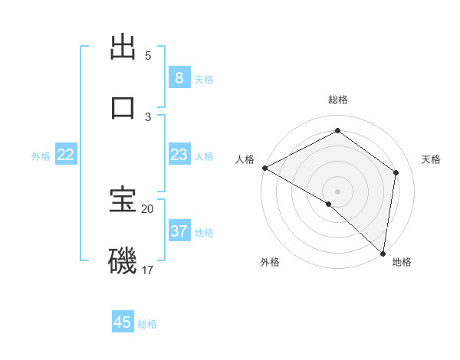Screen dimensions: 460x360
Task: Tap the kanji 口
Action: coord(123,107)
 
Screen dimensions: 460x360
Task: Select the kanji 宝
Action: coord(123,201)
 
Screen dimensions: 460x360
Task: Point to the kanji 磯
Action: coord(123,261)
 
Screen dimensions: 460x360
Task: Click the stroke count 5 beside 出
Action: coord(148,56)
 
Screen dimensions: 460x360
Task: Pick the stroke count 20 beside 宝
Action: coord(148,208)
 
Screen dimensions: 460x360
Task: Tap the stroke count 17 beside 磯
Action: coord(148,270)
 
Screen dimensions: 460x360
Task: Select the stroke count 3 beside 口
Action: coord(148,116)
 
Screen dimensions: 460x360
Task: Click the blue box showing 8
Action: coord(179,77)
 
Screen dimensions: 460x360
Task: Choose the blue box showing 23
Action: coord(179,155)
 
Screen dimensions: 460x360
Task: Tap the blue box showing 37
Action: coord(179,231)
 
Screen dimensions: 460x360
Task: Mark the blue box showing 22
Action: coord(66,155)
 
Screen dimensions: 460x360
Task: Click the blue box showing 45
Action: coord(123,322)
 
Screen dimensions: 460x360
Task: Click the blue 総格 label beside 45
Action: coord(147,324)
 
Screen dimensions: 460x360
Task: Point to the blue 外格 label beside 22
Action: coord(41,156)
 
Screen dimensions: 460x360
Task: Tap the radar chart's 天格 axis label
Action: coord(431,159)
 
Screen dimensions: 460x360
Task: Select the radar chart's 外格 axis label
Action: coord(270,262)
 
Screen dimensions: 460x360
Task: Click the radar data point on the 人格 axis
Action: coord(264,168)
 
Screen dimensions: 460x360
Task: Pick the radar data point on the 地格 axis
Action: coord(383,253)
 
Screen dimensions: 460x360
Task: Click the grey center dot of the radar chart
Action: coord(337,191)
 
